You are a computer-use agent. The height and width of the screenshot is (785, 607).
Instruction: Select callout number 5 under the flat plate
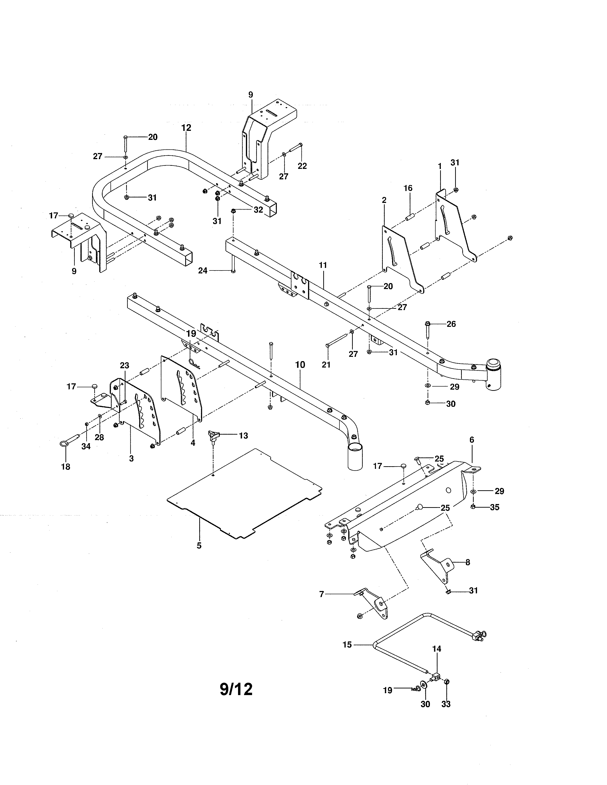click(199, 546)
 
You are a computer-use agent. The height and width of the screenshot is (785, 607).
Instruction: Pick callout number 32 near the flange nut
click(258, 210)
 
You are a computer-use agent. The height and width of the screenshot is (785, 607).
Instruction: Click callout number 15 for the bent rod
click(347, 645)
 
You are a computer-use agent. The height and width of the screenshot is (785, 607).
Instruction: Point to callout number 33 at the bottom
click(446, 704)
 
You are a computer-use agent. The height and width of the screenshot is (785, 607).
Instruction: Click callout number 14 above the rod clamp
click(437, 649)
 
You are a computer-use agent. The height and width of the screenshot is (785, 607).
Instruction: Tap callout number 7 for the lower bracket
click(322, 594)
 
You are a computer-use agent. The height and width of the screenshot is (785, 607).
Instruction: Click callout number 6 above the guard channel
click(471, 440)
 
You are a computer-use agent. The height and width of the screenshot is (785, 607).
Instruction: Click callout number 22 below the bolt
click(302, 166)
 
